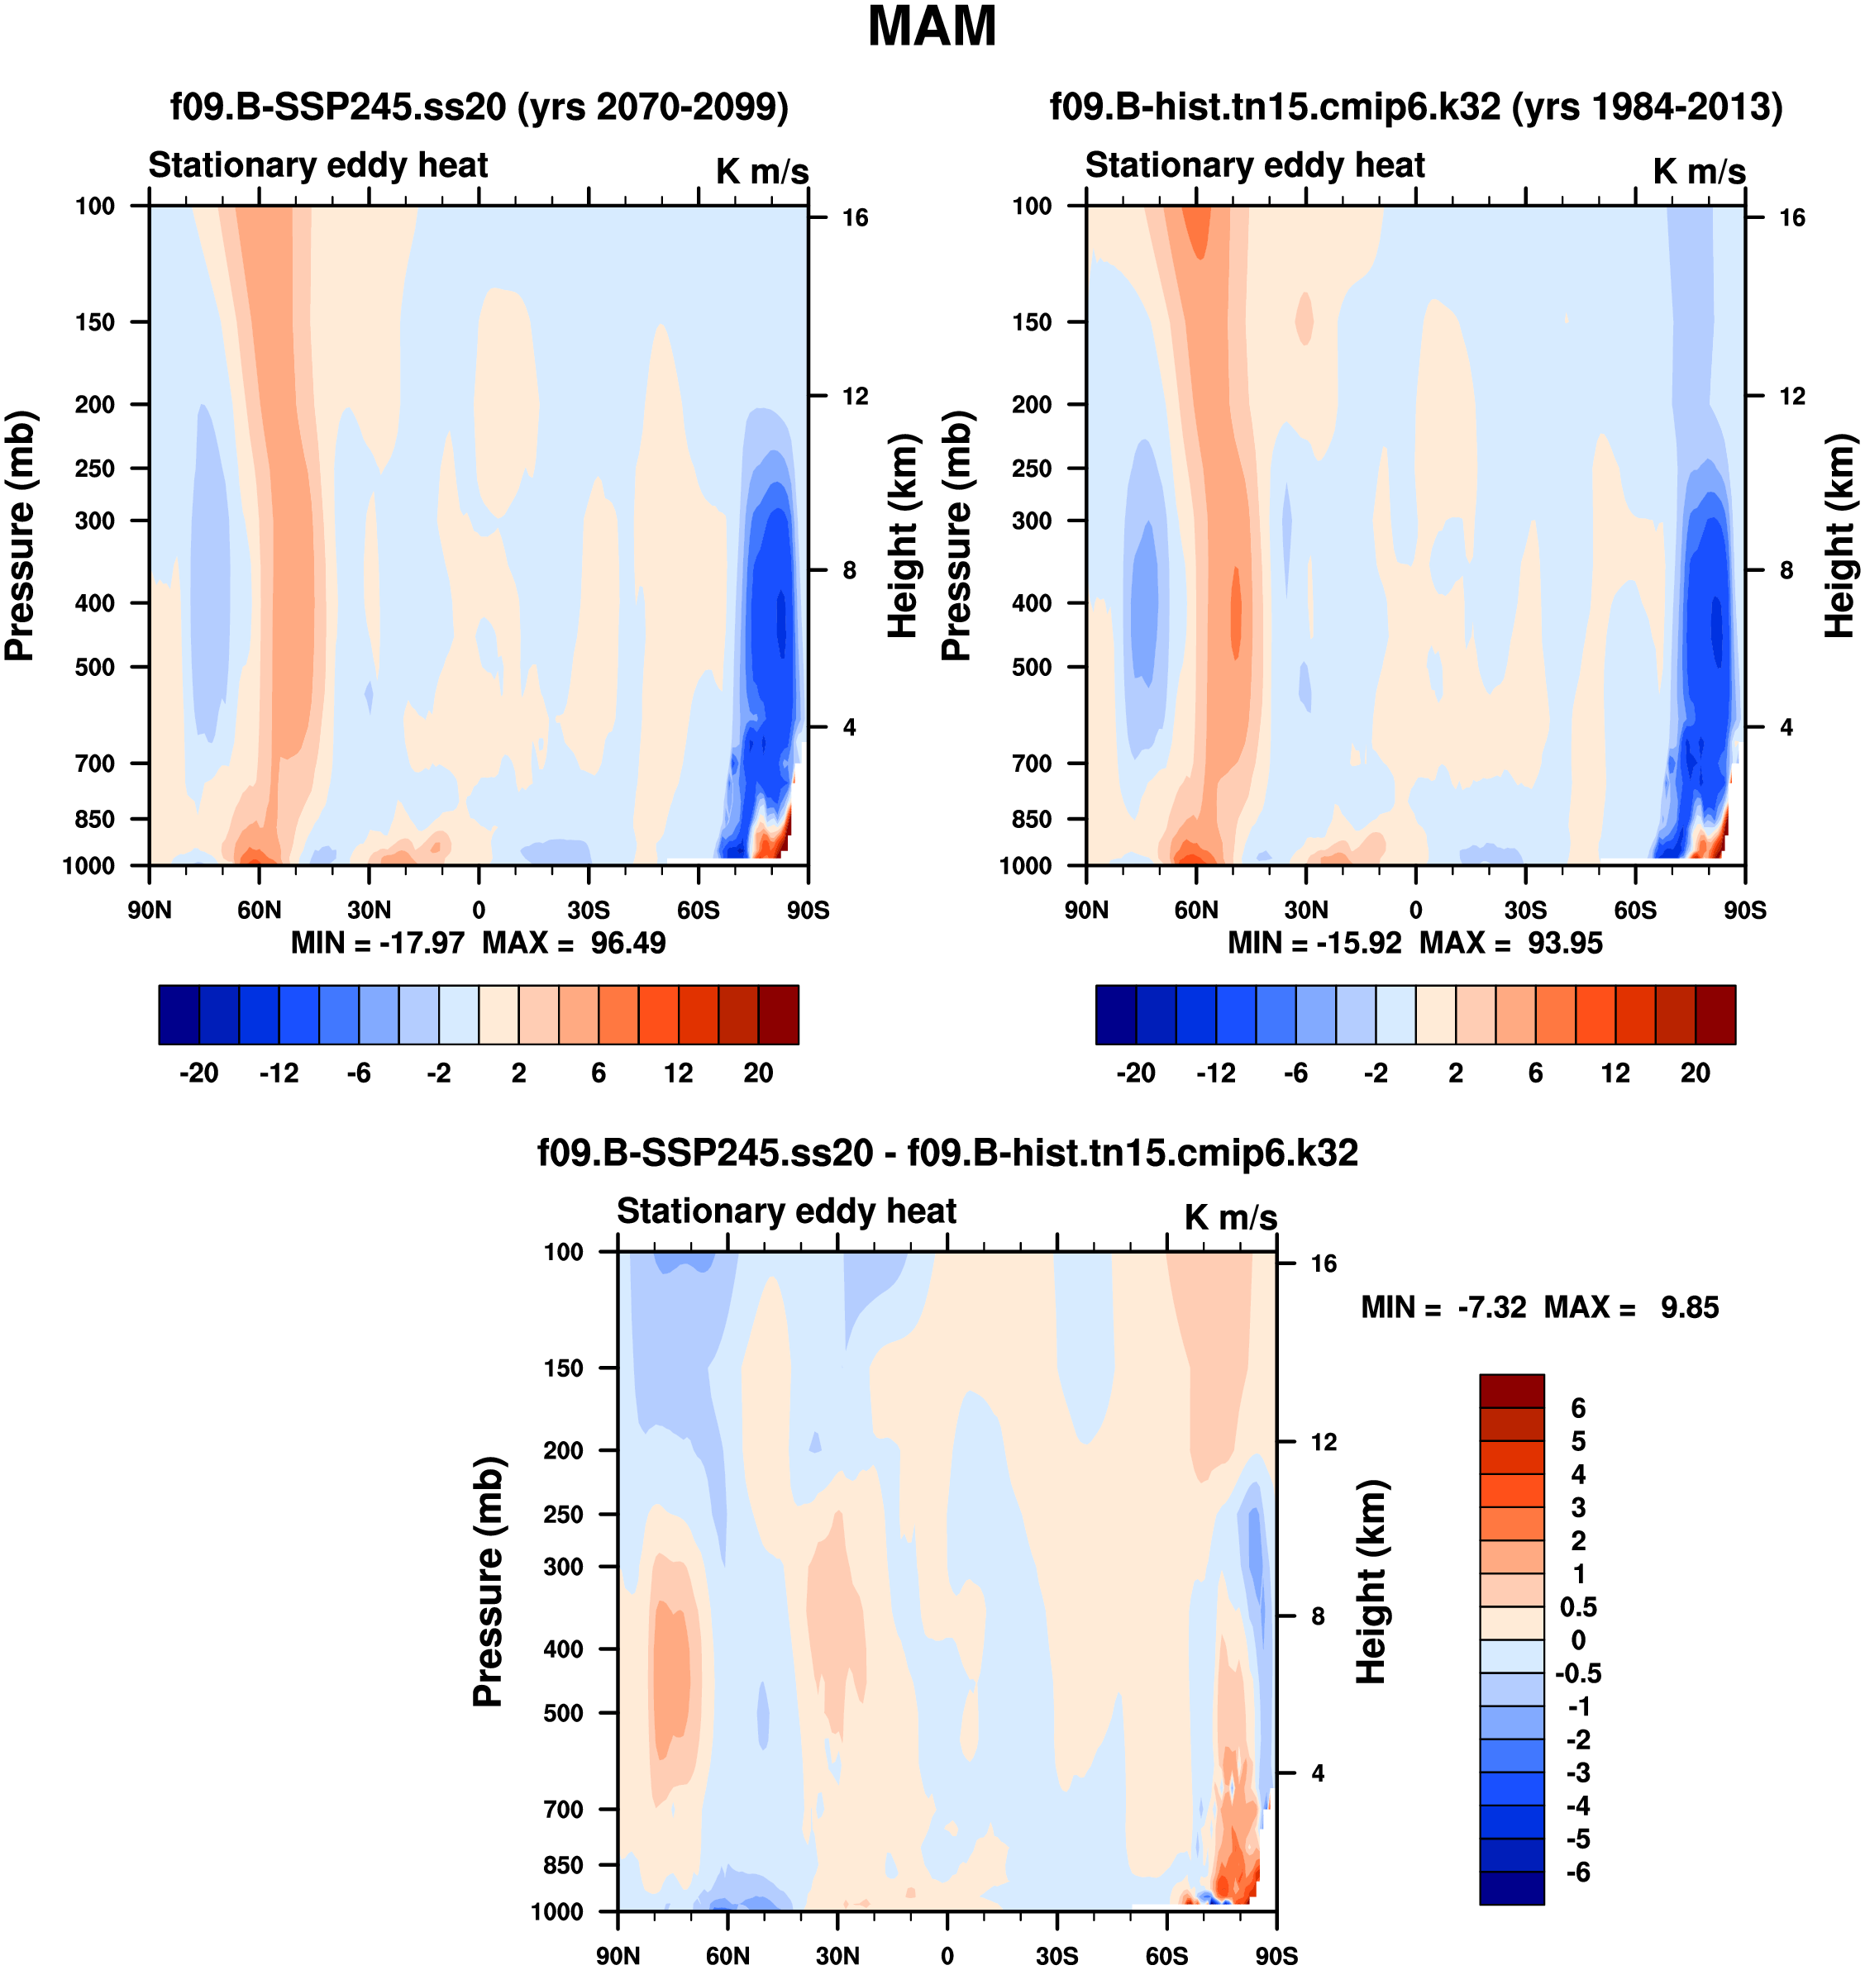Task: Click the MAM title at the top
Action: click(932, 26)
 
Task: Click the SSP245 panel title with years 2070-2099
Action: click(479, 107)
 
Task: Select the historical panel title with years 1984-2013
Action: click(1415, 107)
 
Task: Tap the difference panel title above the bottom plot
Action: click(947, 1152)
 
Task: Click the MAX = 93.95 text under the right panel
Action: click(1511, 942)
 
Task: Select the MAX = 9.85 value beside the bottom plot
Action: click(1630, 1307)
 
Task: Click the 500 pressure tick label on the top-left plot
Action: click(94, 667)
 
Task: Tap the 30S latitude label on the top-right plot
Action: click(1525, 910)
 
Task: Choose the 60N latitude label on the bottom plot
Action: click(727, 1956)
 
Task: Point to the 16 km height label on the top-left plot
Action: click(855, 217)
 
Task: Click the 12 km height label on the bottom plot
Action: click(1324, 1442)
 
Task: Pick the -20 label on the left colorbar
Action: click(199, 1073)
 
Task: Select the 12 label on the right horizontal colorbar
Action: click(1615, 1073)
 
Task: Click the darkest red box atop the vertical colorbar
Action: click(1511, 1391)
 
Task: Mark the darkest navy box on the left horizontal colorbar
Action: click(179, 1015)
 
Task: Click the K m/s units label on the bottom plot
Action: click(1230, 1217)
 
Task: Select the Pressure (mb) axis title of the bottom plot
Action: click(488, 1582)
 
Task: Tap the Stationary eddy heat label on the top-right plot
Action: click(1255, 165)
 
